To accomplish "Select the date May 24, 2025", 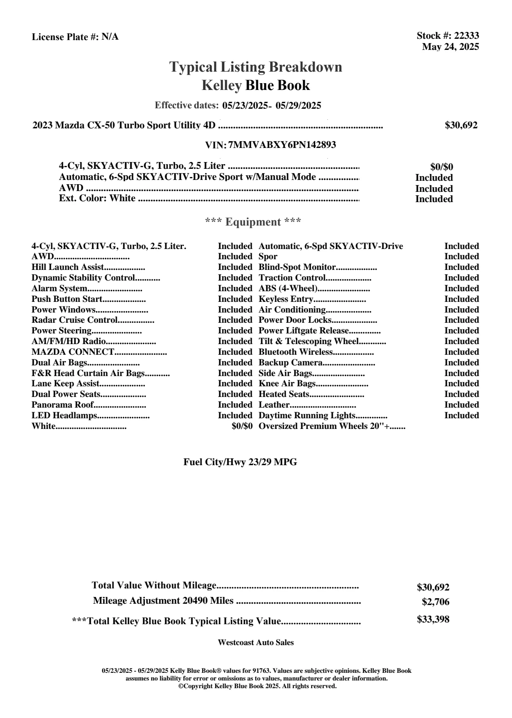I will [x=450, y=47].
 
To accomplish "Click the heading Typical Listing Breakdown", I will [x=256, y=67].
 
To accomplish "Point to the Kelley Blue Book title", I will [x=256, y=85].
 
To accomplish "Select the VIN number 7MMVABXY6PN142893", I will [x=282, y=145].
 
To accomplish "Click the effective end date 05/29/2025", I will [x=298, y=105].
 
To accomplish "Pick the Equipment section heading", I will [x=253, y=222].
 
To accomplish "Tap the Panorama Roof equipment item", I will [x=63, y=405].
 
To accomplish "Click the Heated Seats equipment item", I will [x=284, y=394].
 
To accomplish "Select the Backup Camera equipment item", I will [x=291, y=362].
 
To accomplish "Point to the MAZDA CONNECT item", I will [x=73, y=352].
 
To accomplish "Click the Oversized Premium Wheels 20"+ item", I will [x=324, y=426].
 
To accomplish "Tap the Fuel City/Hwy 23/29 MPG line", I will [x=240, y=462].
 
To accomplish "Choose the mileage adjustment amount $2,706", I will [x=436, y=602].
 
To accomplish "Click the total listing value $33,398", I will [x=433, y=620].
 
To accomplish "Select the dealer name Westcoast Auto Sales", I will [x=256, y=643].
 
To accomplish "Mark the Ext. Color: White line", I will [x=97, y=198].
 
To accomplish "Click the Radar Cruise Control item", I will [x=75, y=320].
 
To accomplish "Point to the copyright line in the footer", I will [x=257, y=686].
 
